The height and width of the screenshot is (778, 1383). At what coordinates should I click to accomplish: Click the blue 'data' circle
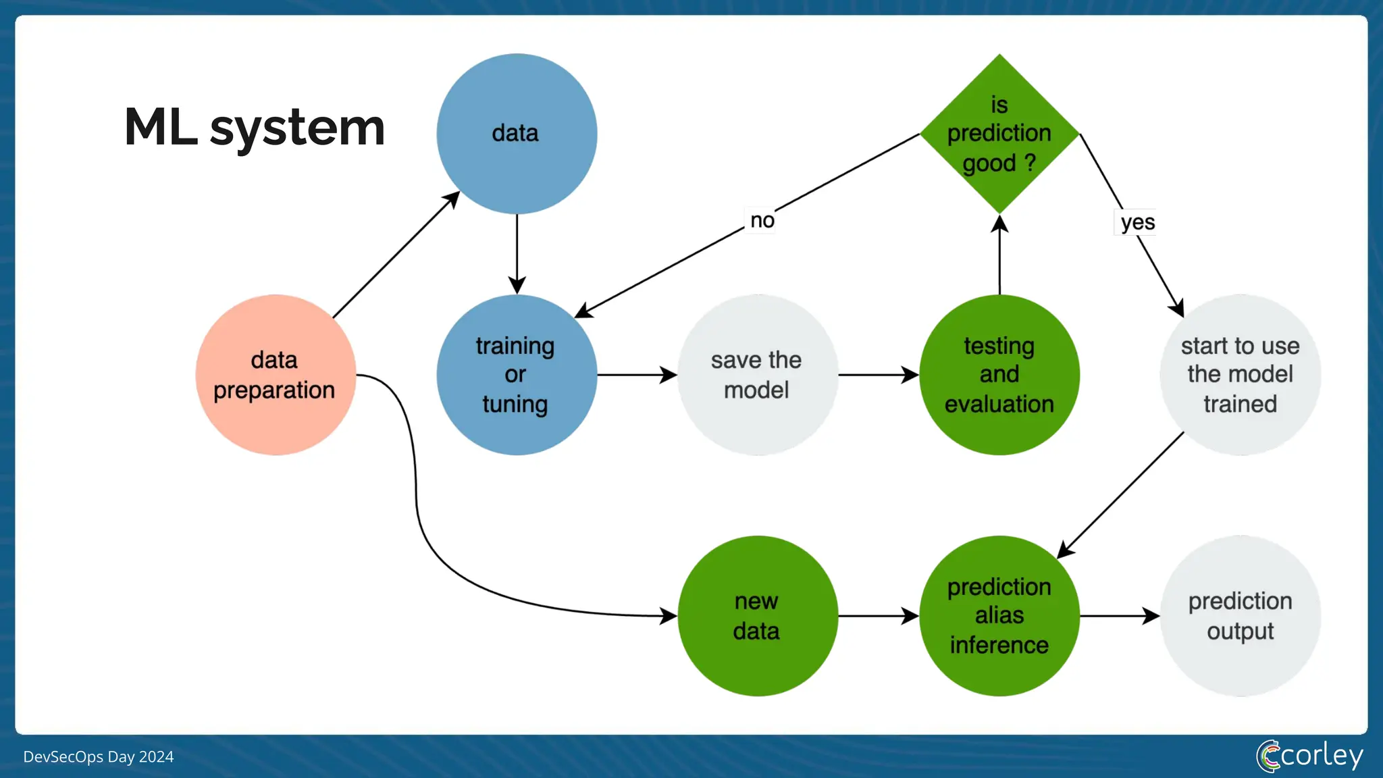(517, 134)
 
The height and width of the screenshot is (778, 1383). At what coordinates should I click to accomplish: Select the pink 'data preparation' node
(276, 375)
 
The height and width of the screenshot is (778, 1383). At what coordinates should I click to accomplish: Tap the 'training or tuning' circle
(517, 375)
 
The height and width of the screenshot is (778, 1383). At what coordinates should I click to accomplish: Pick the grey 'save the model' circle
(757, 375)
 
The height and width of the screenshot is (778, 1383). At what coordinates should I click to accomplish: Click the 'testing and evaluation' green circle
(999, 375)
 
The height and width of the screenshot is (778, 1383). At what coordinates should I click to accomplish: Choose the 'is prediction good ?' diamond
(999, 134)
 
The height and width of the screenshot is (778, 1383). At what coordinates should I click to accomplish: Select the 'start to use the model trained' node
(1240, 375)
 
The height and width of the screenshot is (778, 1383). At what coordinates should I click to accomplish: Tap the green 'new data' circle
(757, 616)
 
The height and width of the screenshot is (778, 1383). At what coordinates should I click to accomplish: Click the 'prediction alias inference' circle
(999, 616)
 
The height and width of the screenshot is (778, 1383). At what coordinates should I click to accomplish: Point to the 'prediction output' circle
(1240, 616)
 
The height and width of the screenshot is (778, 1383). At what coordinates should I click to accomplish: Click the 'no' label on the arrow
(762, 220)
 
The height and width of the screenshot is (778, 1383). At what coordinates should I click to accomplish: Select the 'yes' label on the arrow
(1137, 222)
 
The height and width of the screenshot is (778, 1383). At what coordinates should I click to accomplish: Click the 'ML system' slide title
(255, 127)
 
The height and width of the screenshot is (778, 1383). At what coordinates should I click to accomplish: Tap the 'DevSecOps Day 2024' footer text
(99, 756)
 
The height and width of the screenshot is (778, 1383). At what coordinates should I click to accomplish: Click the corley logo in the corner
(1309, 756)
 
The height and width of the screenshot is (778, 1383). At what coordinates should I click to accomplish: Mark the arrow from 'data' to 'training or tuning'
(517, 253)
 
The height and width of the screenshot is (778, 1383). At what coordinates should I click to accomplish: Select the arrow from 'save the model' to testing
(878, 375)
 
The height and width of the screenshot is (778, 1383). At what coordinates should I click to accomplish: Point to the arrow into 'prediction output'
(1119, 616)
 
